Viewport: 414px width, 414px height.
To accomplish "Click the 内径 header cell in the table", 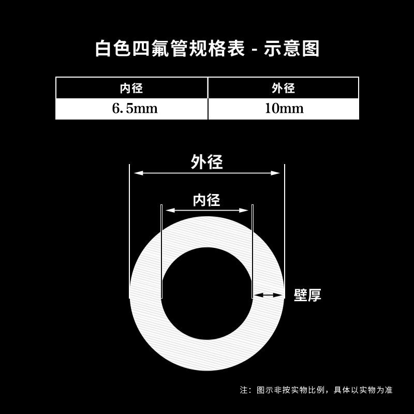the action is (x=131, y=88).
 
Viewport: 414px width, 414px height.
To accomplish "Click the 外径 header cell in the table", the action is (x=283, y=88).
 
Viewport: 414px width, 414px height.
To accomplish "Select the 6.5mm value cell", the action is (x=131, y=109).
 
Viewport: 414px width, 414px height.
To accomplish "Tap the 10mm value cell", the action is (x=283, y=109).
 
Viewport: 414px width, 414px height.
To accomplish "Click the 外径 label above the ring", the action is (x=206, y=162).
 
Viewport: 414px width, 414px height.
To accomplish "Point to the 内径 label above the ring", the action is (x=206, y=200).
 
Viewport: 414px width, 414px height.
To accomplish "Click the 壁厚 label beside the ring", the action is (x=307, y=295).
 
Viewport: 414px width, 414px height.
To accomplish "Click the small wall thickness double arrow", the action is (x=268, y=295).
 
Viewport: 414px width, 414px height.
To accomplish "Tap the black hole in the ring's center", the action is (x=206, y=293).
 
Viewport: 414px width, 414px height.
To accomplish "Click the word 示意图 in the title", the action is (x=292, y=49).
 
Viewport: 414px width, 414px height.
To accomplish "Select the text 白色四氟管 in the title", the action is (x=132, y=49).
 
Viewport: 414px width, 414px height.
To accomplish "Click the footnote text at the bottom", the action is (x=316, y=390).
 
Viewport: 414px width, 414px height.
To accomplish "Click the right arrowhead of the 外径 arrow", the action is (x=276, y=173).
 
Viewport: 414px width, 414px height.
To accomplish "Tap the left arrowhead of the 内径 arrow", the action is (x=169, y=210).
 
